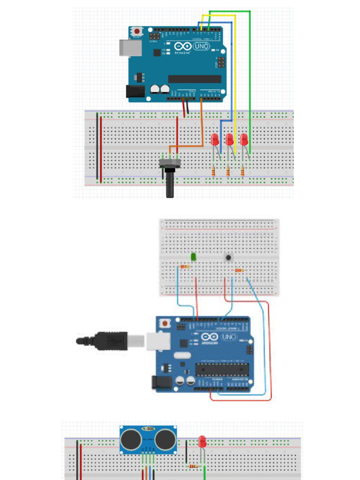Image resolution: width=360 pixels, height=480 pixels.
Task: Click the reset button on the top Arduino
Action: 137,31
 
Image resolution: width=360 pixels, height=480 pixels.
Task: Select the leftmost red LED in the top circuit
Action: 215,140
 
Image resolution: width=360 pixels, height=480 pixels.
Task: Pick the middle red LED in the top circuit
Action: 229,140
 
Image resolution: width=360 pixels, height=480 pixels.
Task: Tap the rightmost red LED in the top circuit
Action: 244,139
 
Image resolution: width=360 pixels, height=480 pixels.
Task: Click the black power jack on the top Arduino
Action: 134,91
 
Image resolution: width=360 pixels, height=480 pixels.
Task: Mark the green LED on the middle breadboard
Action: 194,257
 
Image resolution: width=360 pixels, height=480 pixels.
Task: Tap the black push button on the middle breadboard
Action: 228,257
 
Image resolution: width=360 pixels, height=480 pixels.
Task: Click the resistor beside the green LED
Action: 185,267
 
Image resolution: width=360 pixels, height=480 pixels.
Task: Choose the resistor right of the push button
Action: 240,270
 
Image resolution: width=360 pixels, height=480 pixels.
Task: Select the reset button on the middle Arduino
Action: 165,323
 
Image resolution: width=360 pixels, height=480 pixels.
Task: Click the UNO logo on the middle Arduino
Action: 228,337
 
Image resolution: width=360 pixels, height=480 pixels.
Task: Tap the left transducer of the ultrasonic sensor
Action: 131,439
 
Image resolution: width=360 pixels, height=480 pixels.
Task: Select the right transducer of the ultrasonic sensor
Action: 165,439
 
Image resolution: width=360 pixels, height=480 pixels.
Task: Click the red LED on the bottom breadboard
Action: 202,441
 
